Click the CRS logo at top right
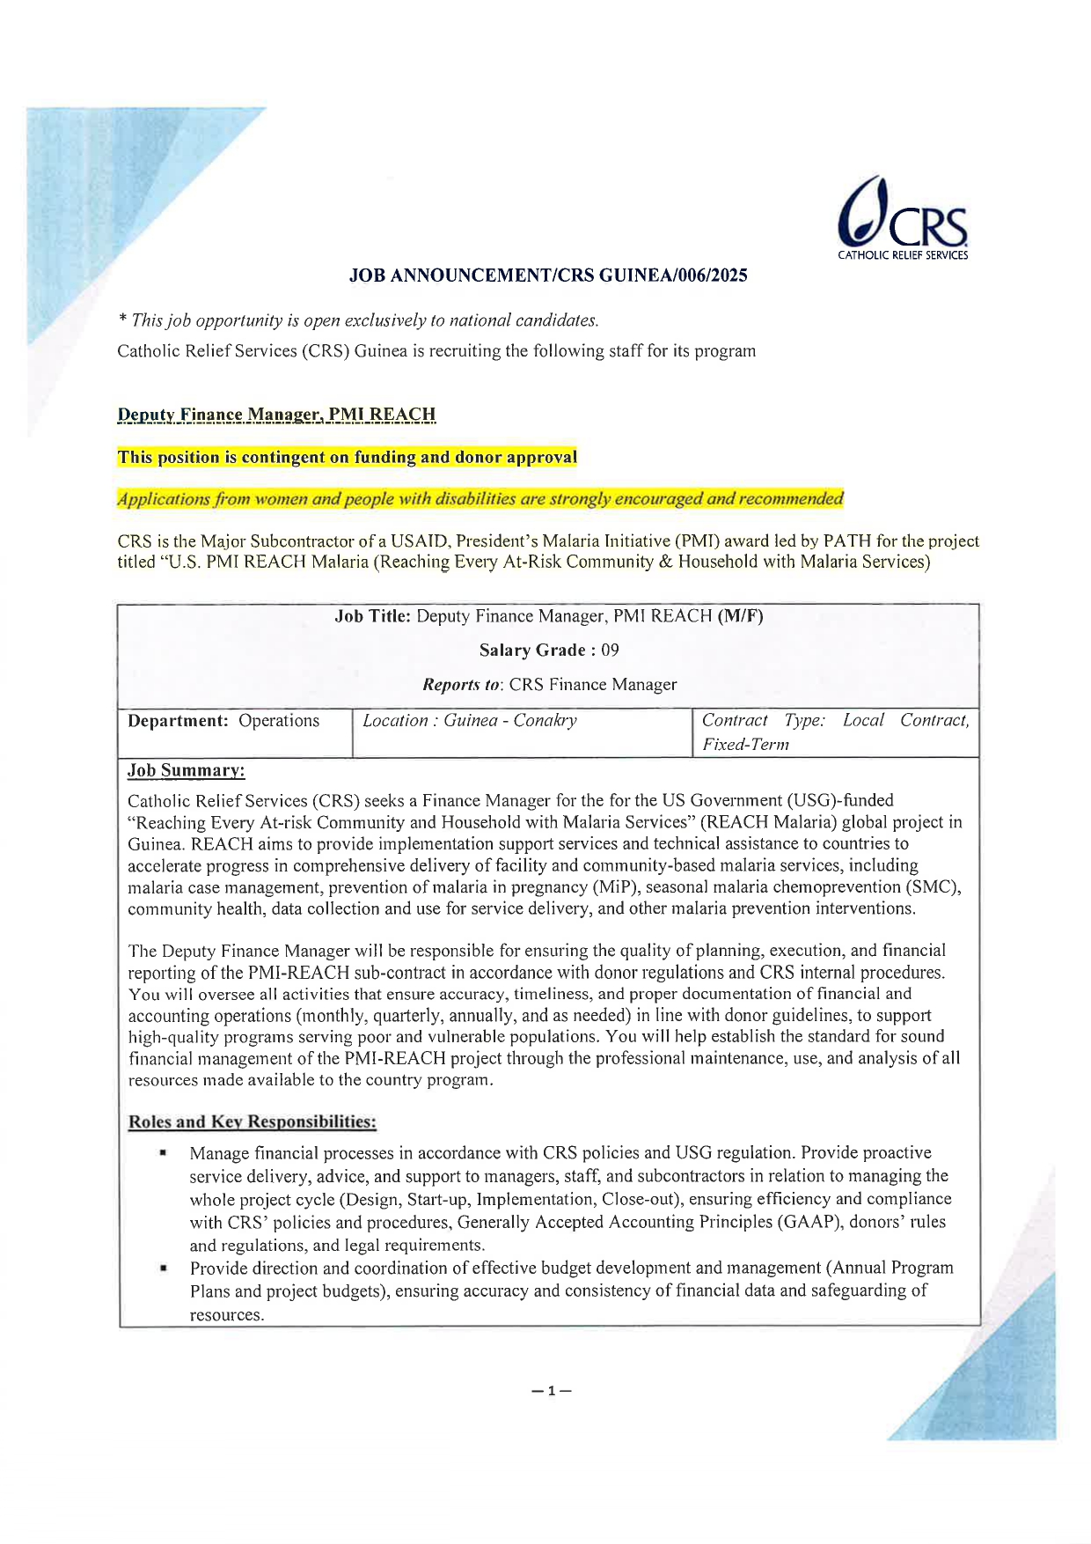point(902,221)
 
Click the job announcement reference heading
point(548,276)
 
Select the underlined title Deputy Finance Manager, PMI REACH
point(276,415)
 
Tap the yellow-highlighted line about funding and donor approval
point(348,457)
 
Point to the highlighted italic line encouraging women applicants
point(480,499)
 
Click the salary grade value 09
point(610,651)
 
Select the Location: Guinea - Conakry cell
point(470,721)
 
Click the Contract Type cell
point(835,732)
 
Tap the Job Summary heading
point(187,771)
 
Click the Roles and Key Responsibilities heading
point(253,1122)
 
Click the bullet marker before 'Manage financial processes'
point(163,1152)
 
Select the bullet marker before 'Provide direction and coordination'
point(163,1268)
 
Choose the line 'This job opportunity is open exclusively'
point(358,320)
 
